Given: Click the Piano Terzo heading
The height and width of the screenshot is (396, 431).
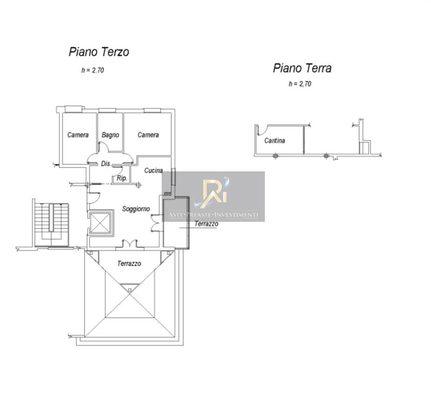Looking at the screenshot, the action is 99,52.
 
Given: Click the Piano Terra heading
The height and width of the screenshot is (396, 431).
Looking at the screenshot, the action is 302,68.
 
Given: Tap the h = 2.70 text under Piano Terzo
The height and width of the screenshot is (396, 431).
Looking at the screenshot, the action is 93,70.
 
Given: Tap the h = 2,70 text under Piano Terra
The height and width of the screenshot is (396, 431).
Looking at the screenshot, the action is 300,84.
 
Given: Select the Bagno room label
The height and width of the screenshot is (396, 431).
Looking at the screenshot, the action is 110,135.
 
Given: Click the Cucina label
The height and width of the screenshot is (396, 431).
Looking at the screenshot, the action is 154,171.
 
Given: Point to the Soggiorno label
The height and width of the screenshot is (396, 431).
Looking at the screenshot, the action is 136,209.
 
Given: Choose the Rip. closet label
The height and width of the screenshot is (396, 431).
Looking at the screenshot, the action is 122,178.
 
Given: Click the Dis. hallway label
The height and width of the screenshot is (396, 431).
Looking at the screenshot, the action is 106,164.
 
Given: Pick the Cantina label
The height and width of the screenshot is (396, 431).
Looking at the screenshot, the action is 275,140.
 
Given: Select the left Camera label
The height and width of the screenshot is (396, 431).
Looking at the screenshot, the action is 78,135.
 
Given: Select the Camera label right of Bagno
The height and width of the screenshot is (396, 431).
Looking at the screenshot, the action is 148,135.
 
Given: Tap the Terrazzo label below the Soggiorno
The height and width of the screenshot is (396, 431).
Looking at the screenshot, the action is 129,263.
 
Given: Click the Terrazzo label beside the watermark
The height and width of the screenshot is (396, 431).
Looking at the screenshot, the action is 206,224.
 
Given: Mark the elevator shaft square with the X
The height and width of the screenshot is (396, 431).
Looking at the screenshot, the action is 100,223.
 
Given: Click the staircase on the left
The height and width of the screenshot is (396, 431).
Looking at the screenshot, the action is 51,224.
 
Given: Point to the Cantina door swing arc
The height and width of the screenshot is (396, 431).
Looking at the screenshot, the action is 262,130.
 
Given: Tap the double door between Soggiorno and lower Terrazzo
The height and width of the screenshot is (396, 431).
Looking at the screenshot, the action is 129,243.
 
